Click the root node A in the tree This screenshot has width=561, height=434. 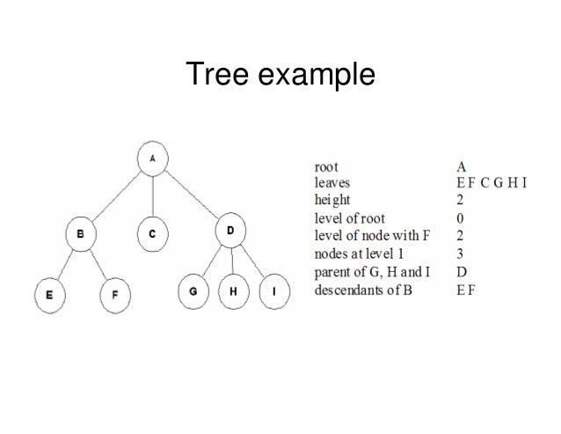(x=154, y=159)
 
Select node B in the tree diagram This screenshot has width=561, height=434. (x=81, y=235)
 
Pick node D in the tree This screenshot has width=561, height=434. (x=229, y=232)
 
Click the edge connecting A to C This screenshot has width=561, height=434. (x=153, y=196)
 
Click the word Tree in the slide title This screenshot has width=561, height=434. (x=219, y=77)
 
